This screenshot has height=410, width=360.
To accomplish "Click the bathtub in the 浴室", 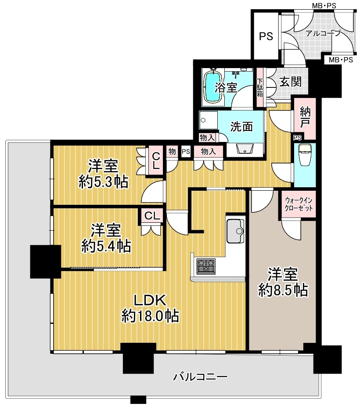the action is [x=213, y=87].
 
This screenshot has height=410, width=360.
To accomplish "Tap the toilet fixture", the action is [x=305, y=155].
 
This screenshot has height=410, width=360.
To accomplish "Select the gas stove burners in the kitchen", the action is [x=206, y=266].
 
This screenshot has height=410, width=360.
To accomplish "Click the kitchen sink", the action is [x=235, y=231].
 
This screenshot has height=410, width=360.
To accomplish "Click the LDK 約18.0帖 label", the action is [x=150, y=308].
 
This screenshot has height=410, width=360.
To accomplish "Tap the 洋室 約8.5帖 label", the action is [x=283, y=282].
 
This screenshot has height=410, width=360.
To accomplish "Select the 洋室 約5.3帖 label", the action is [x=104, y=174].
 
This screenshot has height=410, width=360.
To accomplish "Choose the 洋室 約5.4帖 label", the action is [x=106, y=238].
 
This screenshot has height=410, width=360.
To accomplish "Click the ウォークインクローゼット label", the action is [x=299, y=204].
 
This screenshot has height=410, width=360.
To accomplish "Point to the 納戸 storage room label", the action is [x=305, y=118].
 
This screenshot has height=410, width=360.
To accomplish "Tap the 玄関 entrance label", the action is [x=290, y=82].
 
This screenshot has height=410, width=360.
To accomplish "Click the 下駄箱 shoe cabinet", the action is [x=259, y=87].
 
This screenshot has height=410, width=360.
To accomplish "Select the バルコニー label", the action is [x=200, y=377].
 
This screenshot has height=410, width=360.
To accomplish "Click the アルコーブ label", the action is [x=323, y=33].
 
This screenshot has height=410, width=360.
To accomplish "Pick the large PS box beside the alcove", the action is [x=266, y=36].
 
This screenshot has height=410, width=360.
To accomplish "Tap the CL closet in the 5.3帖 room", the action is [x=156, y=161].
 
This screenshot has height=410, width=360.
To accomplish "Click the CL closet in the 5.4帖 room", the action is [x=152, y=216].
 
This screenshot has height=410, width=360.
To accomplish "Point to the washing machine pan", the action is [x=208, y=120].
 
